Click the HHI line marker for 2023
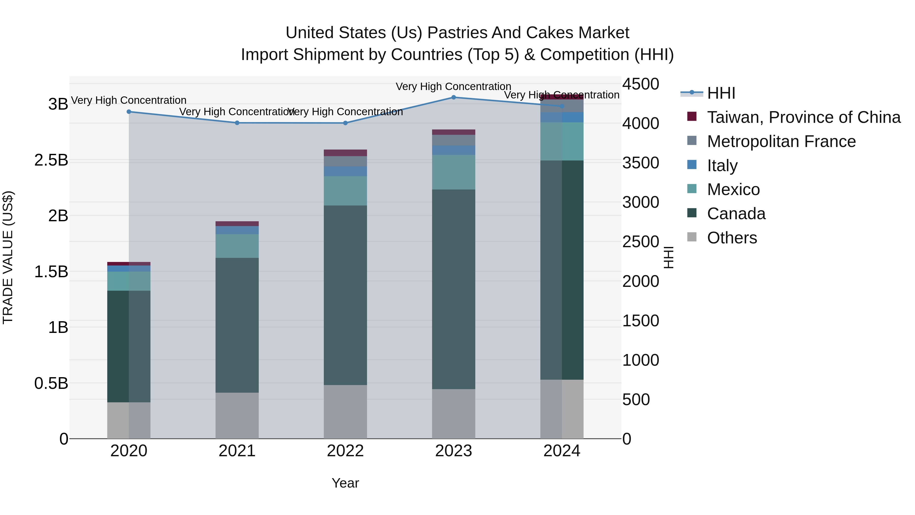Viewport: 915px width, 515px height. pos(454,97)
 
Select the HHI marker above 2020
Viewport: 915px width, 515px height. pos(129,112)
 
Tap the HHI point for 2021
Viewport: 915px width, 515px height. pos(237,123)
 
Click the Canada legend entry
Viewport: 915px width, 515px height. pos(736,214)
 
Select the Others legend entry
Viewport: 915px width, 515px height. pos(732,238)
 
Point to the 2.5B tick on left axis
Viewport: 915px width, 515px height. pos(51,160)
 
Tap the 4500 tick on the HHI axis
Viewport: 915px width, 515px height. pos(641,84)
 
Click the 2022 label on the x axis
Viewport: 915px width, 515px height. pos(345,451)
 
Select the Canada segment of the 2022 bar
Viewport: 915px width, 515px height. pos(345,295)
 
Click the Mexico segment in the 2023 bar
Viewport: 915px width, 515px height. pos(454,172)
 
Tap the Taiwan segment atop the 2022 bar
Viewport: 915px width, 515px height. pos(345,153)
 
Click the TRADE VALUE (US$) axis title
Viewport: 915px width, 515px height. pos(8,257)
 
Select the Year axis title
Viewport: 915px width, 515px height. pos(345,483)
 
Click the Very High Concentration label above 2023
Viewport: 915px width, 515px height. pos(454,86)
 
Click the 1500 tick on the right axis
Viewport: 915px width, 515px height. pos(641,321)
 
